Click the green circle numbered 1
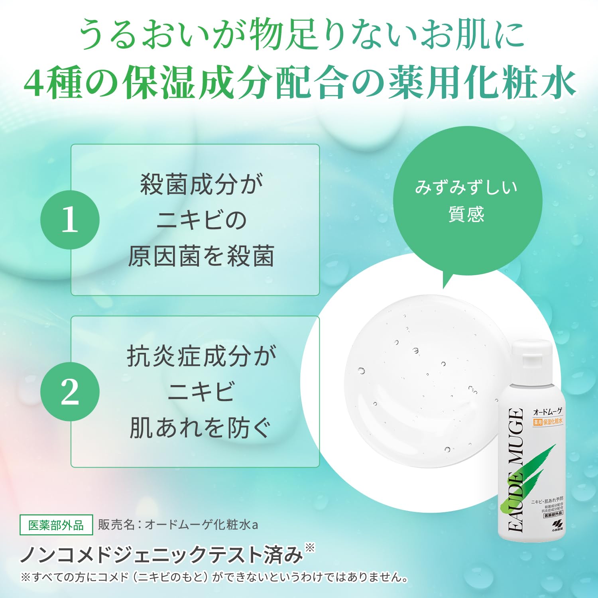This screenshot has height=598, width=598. pos(70,220)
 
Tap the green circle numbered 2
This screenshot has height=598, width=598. pos(70,391)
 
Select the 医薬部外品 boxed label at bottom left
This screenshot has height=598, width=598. pos(56,525)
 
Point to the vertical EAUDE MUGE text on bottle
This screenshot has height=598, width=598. pos(516,470)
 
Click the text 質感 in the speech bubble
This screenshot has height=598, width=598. pos(466,214)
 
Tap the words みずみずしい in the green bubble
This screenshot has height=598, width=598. pos(466,187)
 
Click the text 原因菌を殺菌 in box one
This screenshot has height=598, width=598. pos(201,256)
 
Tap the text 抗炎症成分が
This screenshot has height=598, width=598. pos(201,356)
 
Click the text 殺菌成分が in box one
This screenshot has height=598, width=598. pos(201,185)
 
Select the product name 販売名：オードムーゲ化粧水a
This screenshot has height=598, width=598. pos(178,525)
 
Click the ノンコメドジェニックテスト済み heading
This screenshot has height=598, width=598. pos(161,555)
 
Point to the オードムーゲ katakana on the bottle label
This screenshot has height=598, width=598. pos(548,412)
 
